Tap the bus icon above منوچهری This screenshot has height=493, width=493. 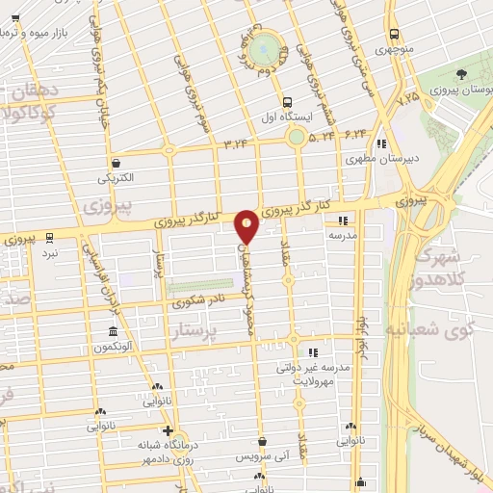(x=395, y=33)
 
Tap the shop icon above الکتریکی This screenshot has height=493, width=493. (x=117, y=164)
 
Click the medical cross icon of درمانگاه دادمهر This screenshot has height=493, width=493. (x=169, y=430)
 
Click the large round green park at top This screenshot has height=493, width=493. (x=265, y=49)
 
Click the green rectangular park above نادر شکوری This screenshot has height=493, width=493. (x=200, y=285)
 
